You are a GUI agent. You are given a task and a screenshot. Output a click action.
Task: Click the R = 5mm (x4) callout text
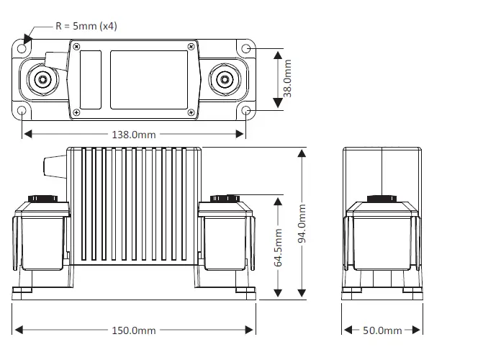[x=86, y=25]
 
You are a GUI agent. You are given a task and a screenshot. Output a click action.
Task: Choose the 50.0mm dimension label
[x=382, y=330]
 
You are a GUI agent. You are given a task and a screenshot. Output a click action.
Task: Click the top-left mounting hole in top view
[x=23, y=48]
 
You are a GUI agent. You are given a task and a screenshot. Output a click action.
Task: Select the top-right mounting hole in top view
[x=246, y=48]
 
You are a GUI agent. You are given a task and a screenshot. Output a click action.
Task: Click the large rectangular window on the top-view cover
[x=148, y=79]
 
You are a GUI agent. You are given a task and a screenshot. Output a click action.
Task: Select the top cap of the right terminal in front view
[x=226, y=198]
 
